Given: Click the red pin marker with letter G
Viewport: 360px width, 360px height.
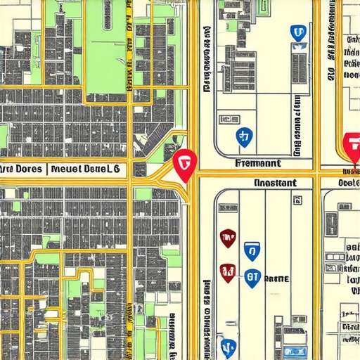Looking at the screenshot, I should click(x=184, y=164).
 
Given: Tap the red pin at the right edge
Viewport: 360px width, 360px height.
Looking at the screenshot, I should click(x=352, y=146).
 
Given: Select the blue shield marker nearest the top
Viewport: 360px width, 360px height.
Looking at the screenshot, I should click(x=298, y=33).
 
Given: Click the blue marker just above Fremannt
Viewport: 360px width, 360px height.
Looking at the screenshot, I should click(x=244, y=138).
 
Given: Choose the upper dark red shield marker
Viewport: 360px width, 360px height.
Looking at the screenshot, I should click(x=228, y=238).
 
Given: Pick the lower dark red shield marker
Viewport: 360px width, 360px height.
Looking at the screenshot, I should click(x=227, y=272).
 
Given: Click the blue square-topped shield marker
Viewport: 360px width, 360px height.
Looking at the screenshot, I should click(x=251, y=251).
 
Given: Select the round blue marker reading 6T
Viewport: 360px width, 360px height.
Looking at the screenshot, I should click(x=252, y=278).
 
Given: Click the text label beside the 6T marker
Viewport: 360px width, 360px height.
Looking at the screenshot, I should click(x=277, y=279).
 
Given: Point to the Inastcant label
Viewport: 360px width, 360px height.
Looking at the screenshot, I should click(x=274, y=183).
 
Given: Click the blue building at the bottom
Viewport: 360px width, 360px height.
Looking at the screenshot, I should click(x=295, y=352).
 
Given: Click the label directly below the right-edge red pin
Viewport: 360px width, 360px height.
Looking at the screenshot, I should click(x=349, y=172).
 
